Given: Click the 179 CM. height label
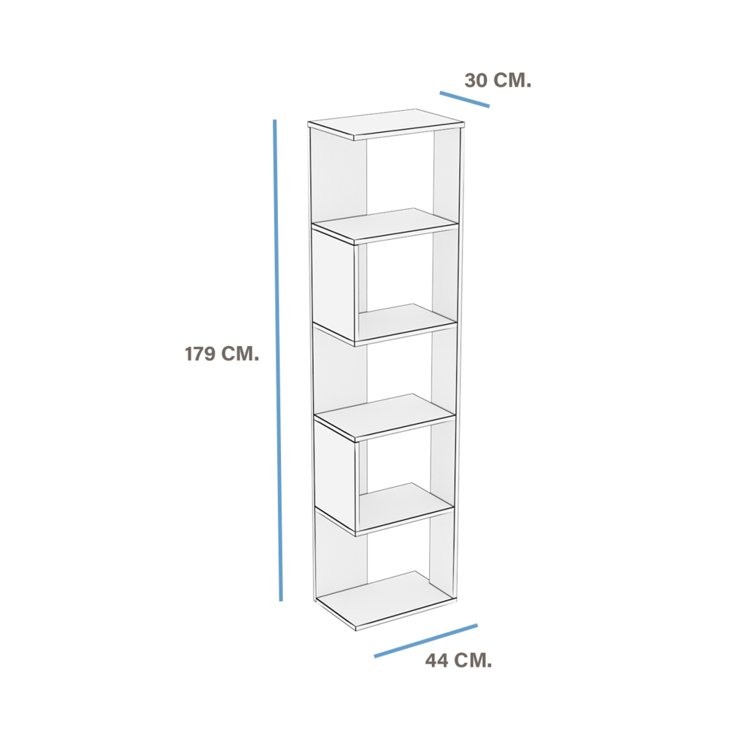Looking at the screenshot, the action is (x=221, y=354).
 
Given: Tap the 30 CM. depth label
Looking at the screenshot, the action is (x=498, y=81).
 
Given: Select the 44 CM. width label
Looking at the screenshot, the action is (x=459, y=661).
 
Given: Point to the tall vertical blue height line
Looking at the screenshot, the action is (x=278, y=360).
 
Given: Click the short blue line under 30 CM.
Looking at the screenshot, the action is (x=464, y=99).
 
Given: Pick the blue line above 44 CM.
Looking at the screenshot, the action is (x=426, y=640).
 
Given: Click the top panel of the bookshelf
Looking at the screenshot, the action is (x=386, y=124).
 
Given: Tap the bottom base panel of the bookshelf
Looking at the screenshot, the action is (x=386, y=601).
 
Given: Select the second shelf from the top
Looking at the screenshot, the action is (x=386, y=225).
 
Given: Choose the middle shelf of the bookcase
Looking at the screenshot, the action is (x=407, y=323).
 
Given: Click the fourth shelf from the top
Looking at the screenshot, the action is (x=384, y=417).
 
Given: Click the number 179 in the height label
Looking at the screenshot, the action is (x=200, y=354).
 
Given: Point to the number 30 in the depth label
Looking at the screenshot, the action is (x=476, y=81).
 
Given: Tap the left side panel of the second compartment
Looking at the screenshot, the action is (x=334, y=282).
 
